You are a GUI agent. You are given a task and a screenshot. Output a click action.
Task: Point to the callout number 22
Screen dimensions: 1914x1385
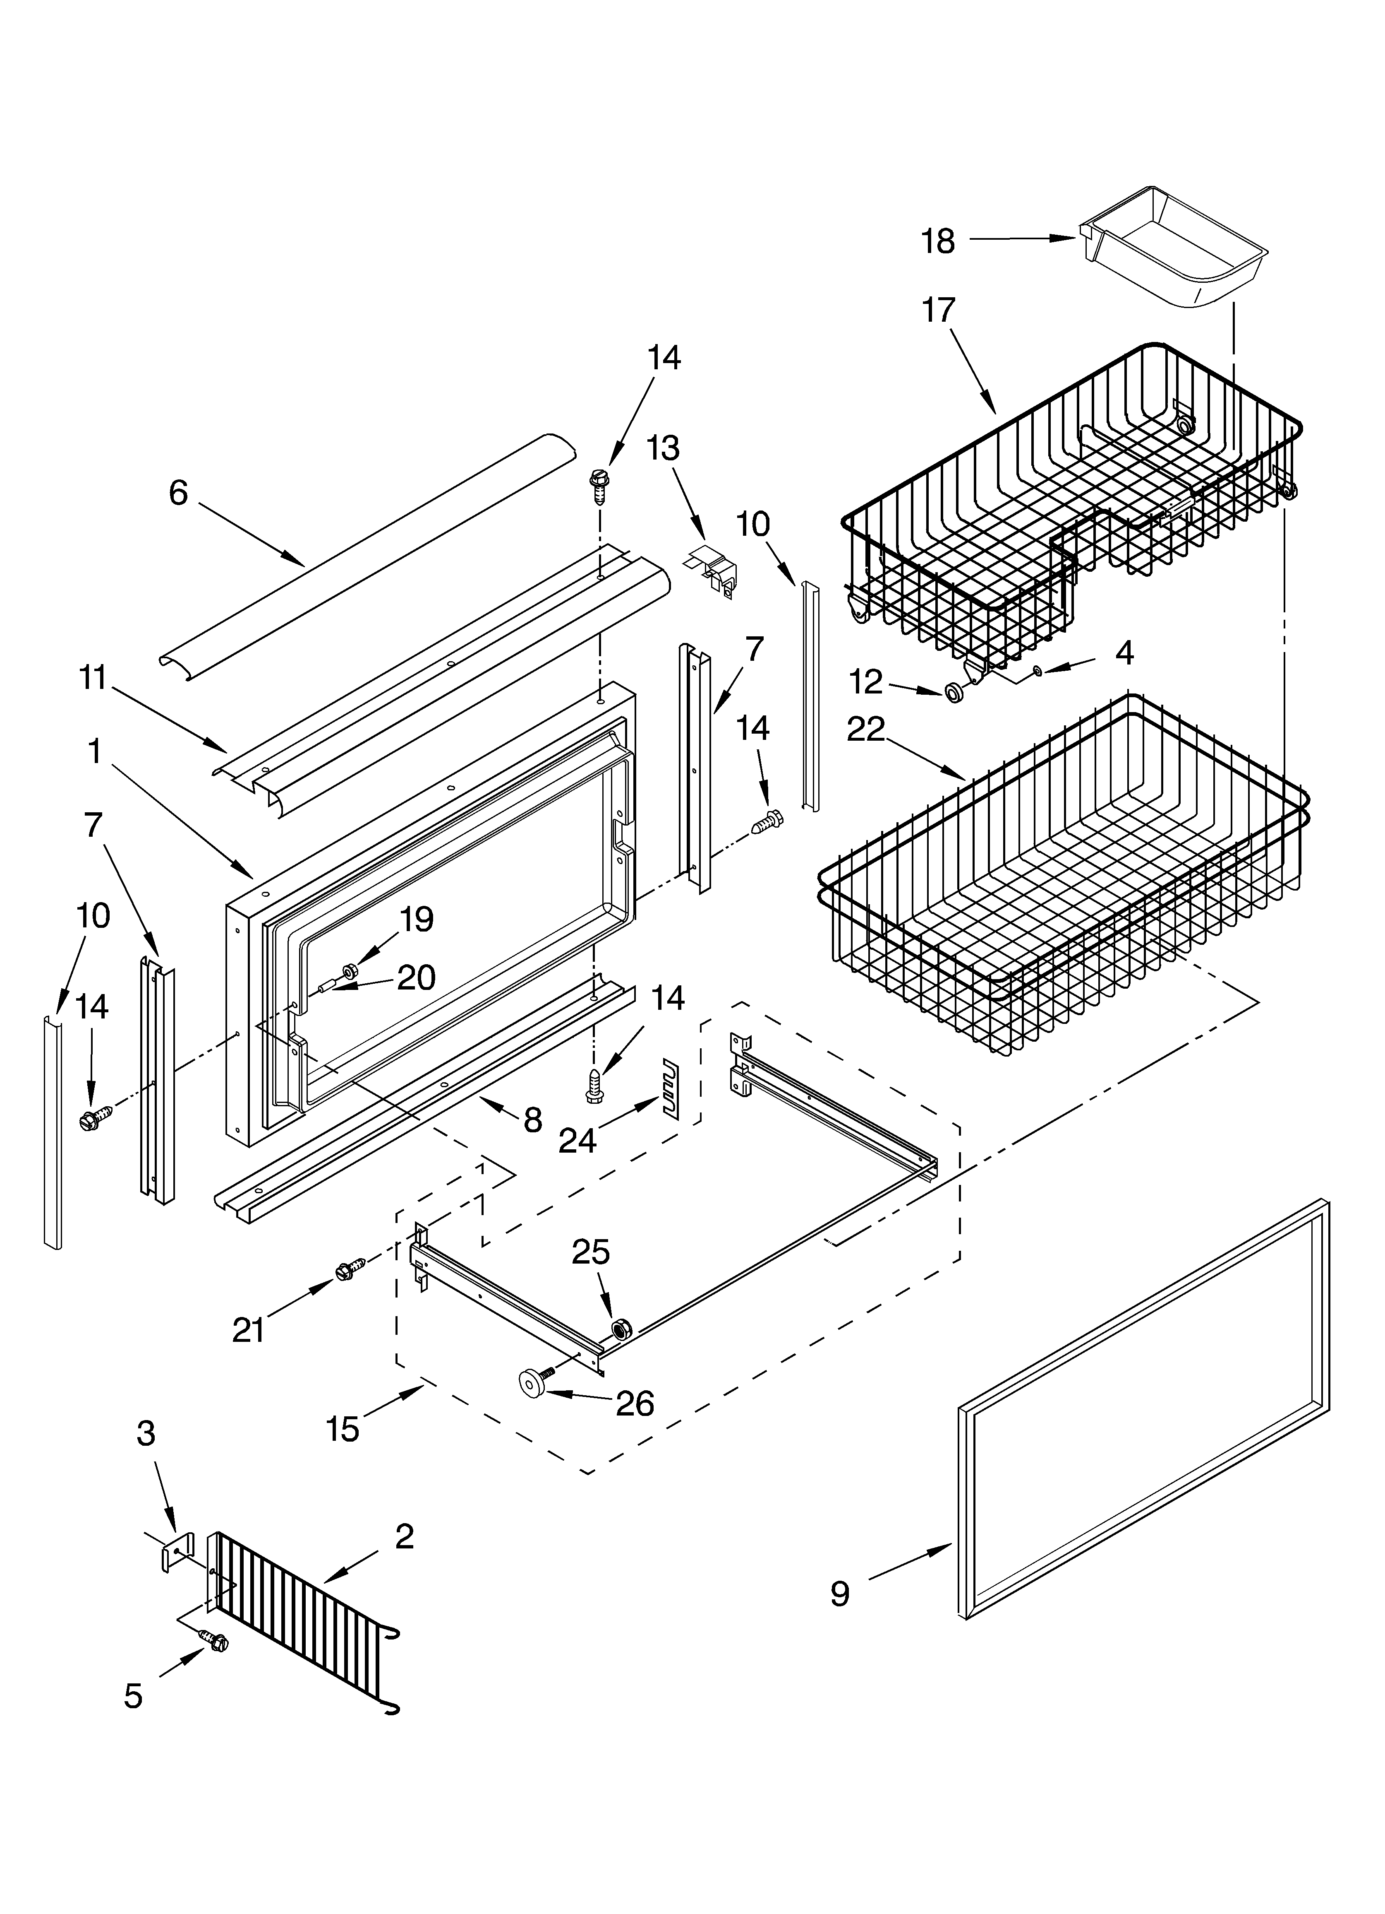(x=865, y=729)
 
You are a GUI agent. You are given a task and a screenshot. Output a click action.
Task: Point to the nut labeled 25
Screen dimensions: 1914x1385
(x=623, y=1330)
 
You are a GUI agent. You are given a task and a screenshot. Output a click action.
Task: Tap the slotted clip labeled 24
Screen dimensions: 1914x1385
(x=671, y=1088)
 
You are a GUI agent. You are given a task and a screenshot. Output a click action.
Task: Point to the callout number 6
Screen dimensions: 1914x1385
(x=178, y=493)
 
